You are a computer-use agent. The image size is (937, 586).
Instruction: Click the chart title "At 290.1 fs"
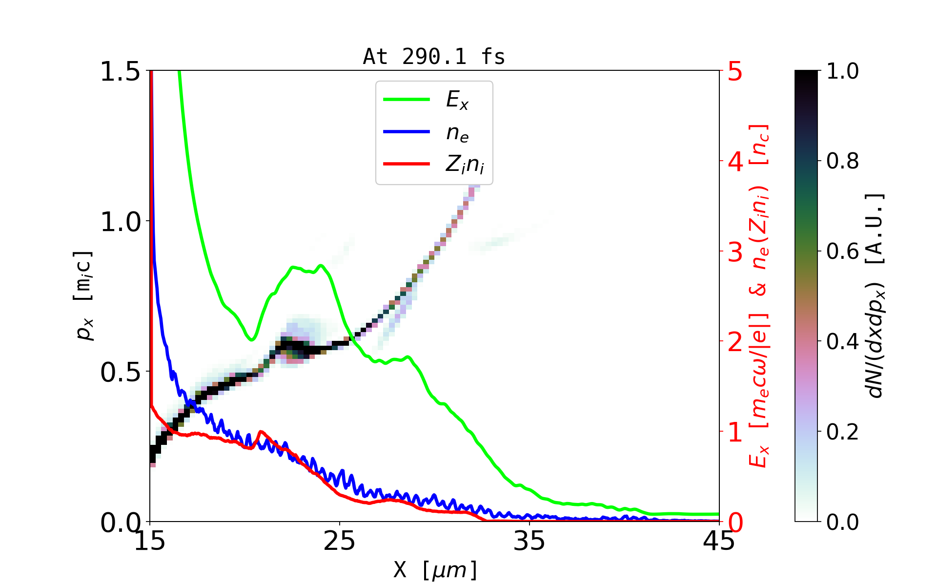(x=434, y=57)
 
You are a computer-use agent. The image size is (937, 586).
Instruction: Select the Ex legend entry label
(x=457, y=100)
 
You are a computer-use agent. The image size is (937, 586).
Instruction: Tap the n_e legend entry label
(x=457, y=133)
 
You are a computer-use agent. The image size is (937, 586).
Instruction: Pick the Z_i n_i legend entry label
(x=465, y=165)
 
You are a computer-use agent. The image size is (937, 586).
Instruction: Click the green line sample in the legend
(x=407, y=100)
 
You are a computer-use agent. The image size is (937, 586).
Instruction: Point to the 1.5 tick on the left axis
(x=120, y=71)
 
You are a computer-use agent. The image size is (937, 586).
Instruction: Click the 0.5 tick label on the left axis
(x=120, y=373)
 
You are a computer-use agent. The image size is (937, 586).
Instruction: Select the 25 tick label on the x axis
(x=340, y=541)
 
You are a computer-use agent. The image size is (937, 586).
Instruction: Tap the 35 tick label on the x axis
(x=530, y=541)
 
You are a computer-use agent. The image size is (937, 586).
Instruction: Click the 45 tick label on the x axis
(x=719, y=541)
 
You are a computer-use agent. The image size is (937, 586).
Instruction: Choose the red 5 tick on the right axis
(x=735, y=71)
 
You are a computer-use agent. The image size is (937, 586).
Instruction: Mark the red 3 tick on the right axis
(x=735, y=252)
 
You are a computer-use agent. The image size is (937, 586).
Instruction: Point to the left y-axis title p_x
(x=84, y=295)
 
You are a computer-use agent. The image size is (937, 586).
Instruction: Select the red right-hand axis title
(x=759, y=295)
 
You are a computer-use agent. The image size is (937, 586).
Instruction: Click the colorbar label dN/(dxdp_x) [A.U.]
(x=876, y=295)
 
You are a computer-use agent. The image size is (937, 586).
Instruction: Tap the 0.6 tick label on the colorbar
(x=843, y=252)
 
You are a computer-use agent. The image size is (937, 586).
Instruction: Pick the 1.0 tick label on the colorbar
(x=843, y=71)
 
